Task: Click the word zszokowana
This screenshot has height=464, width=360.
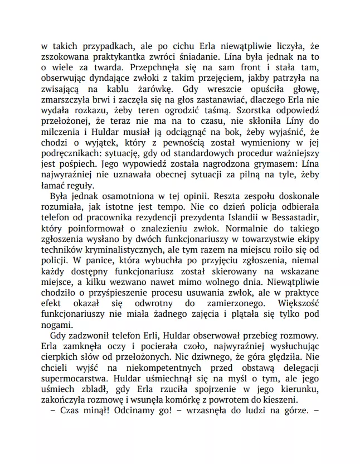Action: pos(67,57)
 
